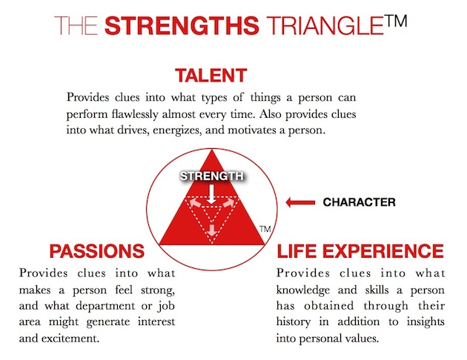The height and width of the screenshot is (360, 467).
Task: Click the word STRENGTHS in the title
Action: click(182, 26)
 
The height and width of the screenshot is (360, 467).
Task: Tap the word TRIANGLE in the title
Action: click(325, 26)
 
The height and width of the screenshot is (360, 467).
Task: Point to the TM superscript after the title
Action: click(396, 21)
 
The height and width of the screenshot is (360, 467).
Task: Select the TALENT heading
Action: click(211, 76)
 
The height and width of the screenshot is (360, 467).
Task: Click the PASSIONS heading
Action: click(97, 251)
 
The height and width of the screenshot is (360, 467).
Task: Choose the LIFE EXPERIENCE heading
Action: click(360, 251)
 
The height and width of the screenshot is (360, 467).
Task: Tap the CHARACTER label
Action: click(360, 202)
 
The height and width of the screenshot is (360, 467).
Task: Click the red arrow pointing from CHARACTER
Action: click(300, 203)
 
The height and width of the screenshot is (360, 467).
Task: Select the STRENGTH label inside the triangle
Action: click(211, 176)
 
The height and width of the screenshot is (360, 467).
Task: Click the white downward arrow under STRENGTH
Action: click(211, 194)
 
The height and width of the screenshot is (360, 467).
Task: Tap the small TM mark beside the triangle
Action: click(265, 229)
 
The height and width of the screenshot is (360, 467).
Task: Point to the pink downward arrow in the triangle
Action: click(212, 230)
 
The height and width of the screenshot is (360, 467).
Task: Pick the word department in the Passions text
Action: click(105, 307)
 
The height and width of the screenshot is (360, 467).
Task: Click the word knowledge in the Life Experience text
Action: click(303, 290)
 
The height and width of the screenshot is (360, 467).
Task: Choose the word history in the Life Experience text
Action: click(294, 322)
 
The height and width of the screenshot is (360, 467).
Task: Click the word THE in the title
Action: click(76, 26)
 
